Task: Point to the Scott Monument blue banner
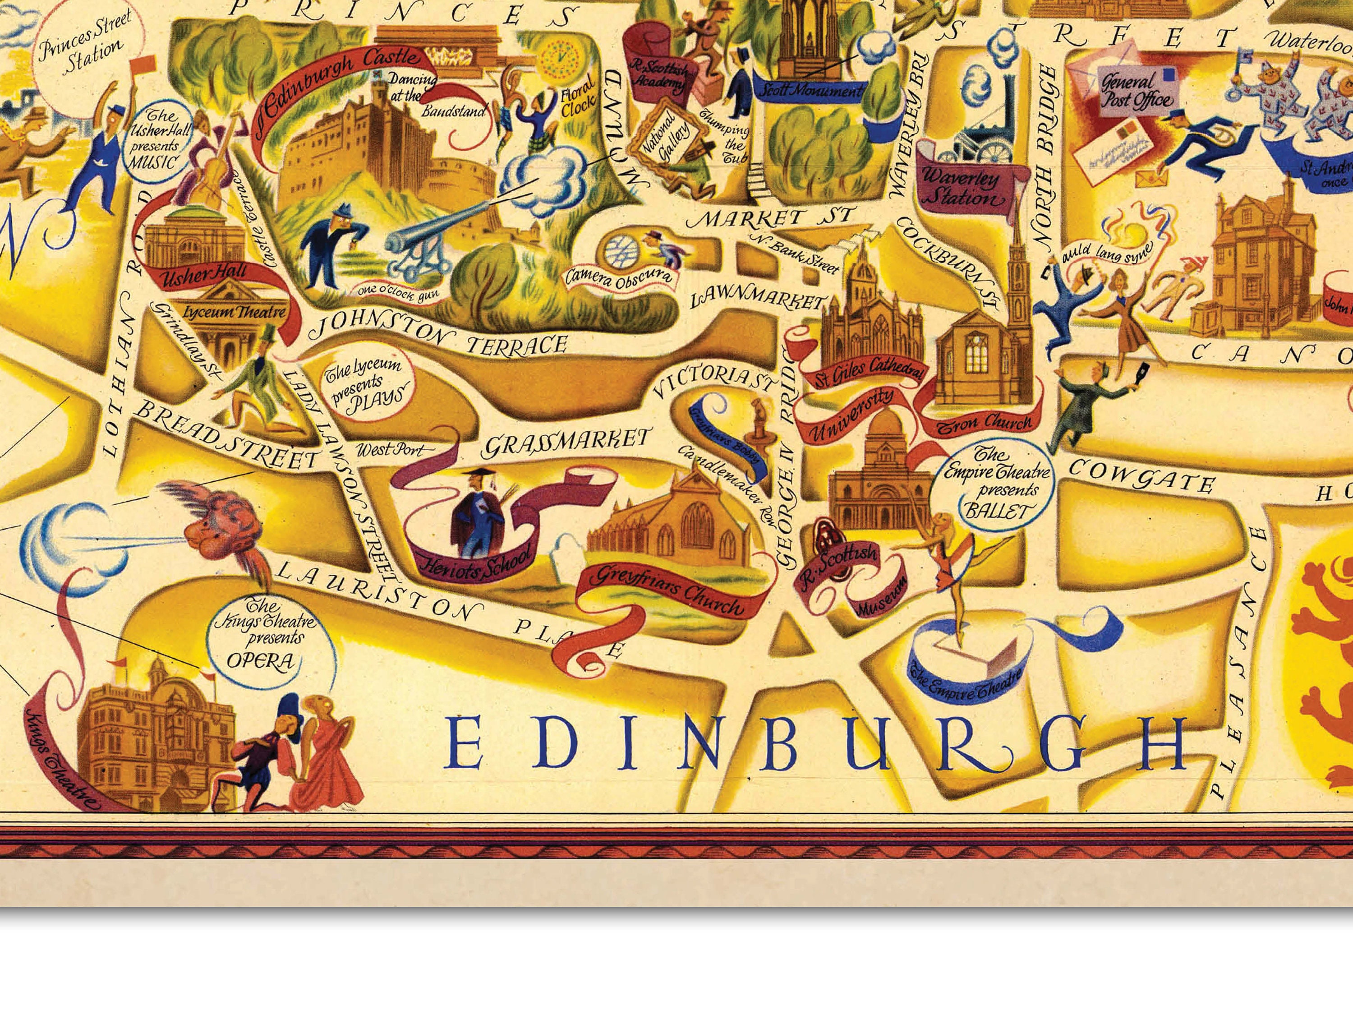(x=810, y=92)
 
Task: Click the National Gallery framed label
(x=666, y=141)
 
